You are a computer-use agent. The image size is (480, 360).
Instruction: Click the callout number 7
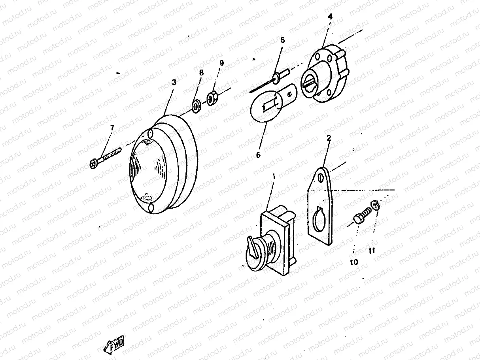pyautogui.click(x=112, y=128)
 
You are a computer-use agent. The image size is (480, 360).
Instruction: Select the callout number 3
pyautogui.click(x=174, y=82)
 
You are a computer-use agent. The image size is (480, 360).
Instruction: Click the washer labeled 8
pyautogui.click(x=196, y=106)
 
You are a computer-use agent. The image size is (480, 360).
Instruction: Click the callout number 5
pyautogui.click(x=282, y=40)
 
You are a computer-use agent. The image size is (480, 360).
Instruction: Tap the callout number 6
pyautogui.click(x=258, y=155)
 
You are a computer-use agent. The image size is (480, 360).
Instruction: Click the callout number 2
pyautogui.click(x=329, y=138)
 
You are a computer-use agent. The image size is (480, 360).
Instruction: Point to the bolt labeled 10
pyautogui.click(x=361, y=218)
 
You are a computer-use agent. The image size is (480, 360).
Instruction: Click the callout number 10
pyautogui.click(x=354, y=262)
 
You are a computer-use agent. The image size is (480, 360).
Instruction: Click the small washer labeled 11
pyautogui.click(x=374, y=204)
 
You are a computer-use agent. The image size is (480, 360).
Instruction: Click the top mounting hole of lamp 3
pyautogui.click(x=151, y=134)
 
